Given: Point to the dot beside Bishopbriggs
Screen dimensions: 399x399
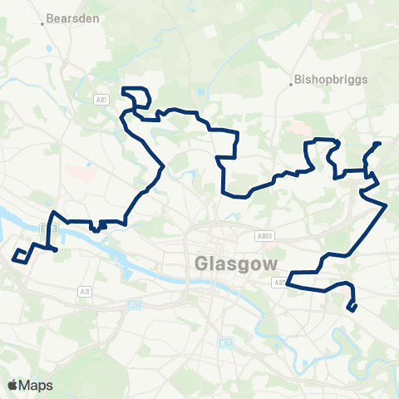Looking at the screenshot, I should click(293, 82).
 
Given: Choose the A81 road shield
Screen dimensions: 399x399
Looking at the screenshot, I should click(101, 99).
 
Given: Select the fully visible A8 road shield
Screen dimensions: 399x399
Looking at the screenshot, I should click(84, 291).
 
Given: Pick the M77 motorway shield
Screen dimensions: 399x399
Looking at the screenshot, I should click(134, 304).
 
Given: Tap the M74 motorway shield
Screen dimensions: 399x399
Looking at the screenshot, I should click(224, 341).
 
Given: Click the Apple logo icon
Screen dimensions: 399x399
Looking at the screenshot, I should click(13, 385).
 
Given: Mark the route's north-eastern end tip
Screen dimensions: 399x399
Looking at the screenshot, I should click(379, 144).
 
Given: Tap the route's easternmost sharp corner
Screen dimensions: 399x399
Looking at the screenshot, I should click(387, 204).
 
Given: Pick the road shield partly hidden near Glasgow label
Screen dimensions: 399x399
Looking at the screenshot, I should click(279, 282).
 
